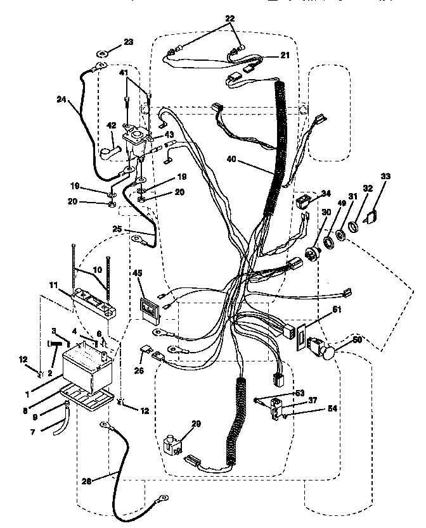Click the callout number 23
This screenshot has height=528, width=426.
click(129, 42)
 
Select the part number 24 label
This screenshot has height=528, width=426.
click(61, 99)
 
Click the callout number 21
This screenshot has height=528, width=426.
click(285, 56)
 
